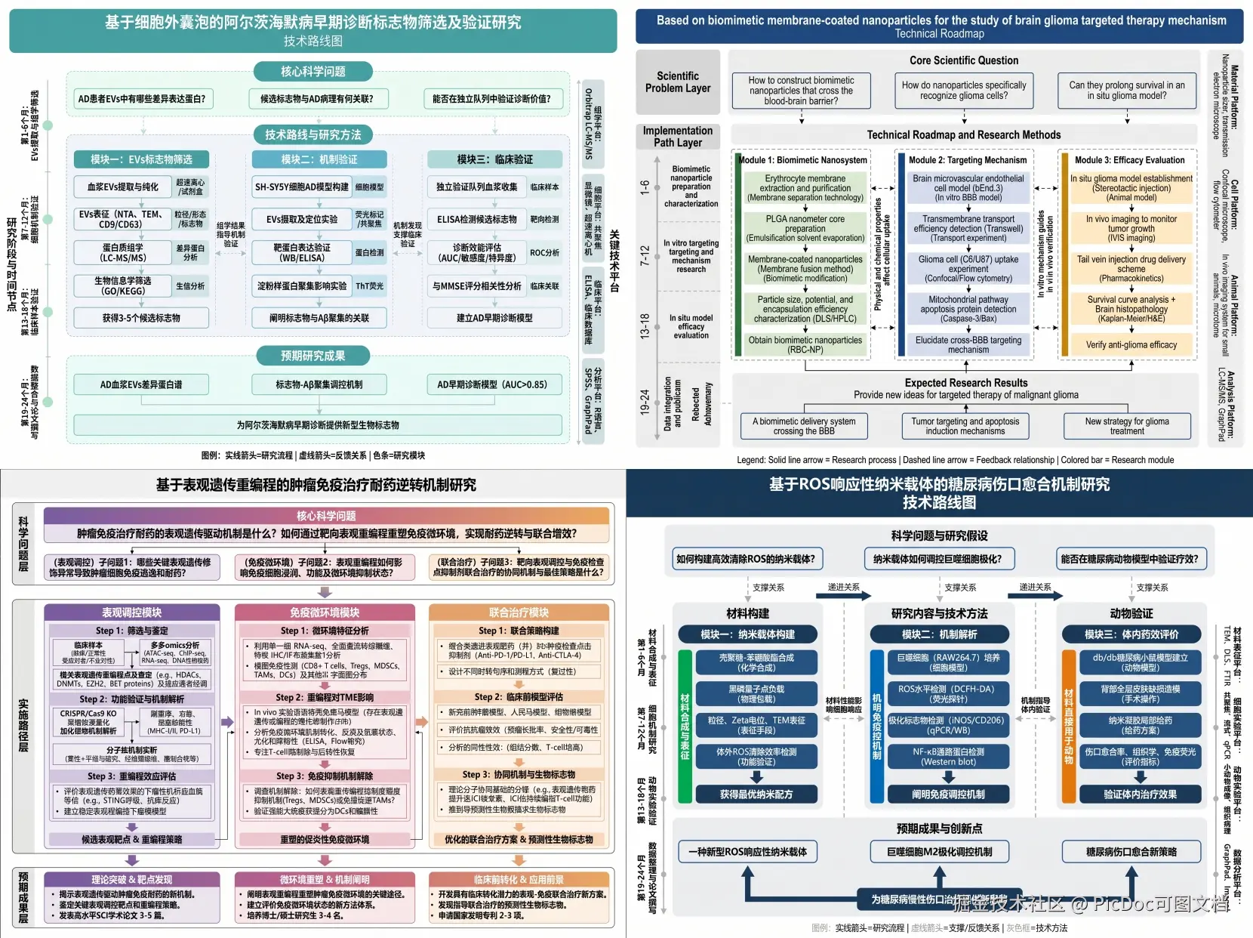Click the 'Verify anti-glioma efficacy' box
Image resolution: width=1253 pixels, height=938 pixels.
pos(1131,345)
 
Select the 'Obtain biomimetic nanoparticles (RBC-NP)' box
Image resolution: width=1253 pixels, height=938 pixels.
pos(805,345)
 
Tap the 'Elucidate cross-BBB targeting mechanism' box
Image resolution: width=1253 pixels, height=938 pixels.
pos(968,345)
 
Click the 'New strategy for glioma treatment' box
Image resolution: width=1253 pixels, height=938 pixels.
pos(1127,427)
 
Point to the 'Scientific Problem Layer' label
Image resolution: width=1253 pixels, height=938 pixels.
pos(678,82)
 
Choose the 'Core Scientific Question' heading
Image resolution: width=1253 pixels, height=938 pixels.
pos(963,60)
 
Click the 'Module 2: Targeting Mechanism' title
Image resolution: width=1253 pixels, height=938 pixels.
pos(967,160)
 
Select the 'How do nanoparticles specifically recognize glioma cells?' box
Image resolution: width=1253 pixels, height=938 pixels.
pos(963,91)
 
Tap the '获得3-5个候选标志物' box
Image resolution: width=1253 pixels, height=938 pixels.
pos(141,318)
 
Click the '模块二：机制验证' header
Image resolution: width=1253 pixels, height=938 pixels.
pos(319,159)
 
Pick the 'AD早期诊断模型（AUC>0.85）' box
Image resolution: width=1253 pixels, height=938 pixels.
pos(492,384)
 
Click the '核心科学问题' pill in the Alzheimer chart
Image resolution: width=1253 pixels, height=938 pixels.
pos(313,72)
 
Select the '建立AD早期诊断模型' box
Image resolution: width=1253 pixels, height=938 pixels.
pos(494,318)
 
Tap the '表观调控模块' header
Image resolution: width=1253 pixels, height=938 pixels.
pos(132,612)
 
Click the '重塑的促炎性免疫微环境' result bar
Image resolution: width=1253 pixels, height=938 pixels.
pos(325,839)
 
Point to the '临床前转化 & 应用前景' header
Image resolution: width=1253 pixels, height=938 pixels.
pos(519,880)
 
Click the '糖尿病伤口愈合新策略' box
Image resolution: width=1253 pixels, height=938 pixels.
pos(1131,852)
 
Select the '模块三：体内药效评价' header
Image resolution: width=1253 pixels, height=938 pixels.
pos(1131,634)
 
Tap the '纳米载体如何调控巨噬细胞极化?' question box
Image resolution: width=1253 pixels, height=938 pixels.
pos(937,559)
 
